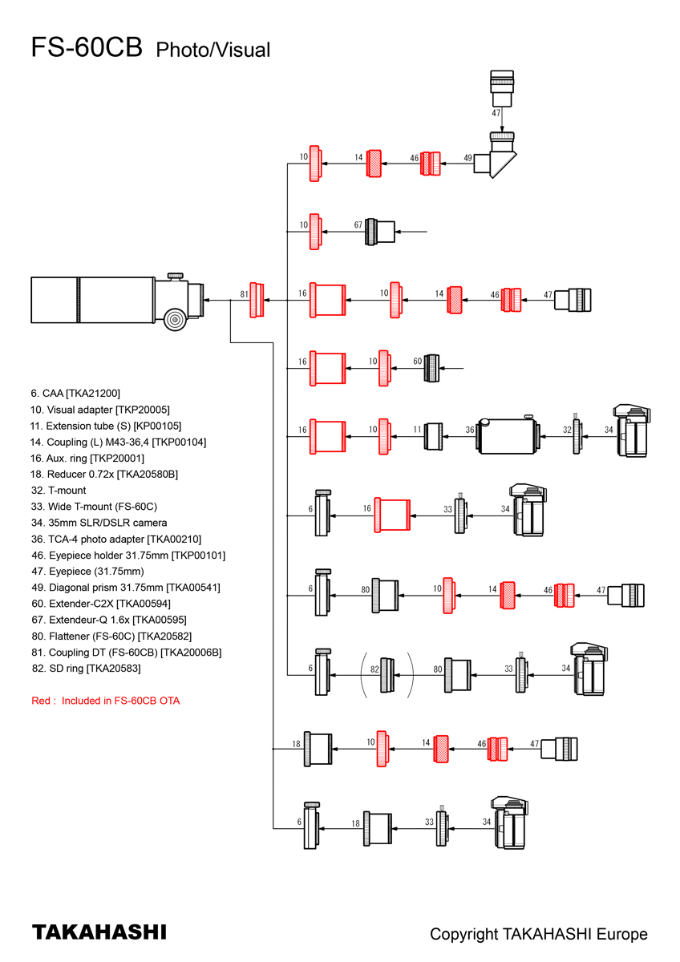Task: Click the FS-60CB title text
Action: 87,47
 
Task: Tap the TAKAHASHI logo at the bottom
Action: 99,932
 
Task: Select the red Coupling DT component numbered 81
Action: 257,299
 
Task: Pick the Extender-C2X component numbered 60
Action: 432,368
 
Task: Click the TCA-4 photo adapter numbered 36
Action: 508,436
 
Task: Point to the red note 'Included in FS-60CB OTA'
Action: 106,701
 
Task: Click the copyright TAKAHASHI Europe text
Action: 538,934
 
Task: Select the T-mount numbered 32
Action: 577,436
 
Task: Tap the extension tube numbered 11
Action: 434,436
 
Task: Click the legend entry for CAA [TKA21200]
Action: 75,393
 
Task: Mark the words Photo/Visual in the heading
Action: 212,50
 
